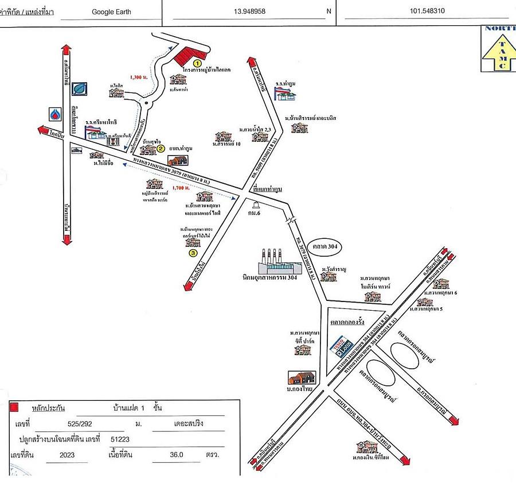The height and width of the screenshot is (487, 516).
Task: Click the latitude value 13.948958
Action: click(x=249, y=10)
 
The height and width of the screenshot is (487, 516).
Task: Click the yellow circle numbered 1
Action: click(x=197, y=62)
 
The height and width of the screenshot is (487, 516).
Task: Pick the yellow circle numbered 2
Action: click(x=162, y=148)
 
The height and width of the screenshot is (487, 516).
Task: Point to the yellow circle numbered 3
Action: click(x=193, y=252)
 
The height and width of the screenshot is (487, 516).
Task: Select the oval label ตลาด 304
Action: click(x=325, y=246)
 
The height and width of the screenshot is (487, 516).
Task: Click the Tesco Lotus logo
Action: click(x=342, y=345)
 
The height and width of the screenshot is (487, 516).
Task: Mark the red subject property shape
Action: click(x=185, y=55)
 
